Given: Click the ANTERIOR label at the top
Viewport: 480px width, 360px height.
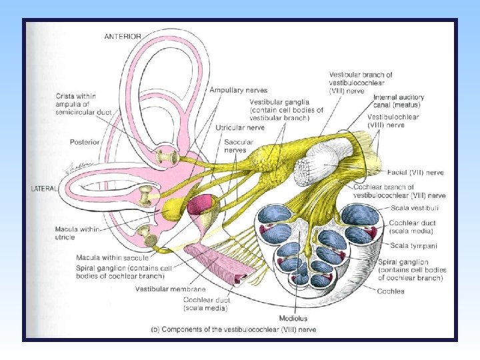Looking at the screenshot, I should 123,36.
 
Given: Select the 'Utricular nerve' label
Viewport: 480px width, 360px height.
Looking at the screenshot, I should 241,127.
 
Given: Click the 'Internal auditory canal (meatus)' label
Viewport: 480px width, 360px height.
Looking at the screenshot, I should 398,101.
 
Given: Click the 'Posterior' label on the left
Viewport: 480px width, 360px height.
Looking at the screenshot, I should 85,142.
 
